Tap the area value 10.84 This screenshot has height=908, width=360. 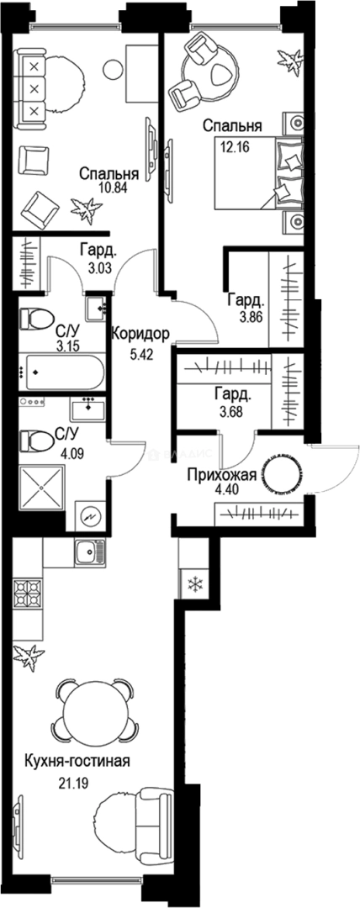click(97, 188)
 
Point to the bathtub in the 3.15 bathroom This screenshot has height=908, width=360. click(61, 372)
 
